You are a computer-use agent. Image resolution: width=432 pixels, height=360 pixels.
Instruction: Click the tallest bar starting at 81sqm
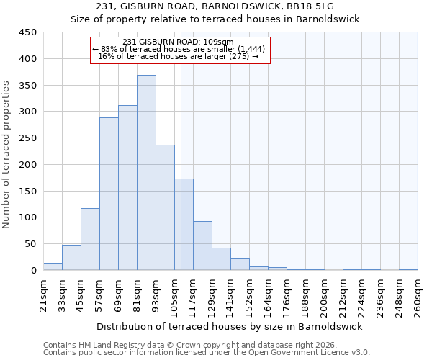click(x=146, y=173)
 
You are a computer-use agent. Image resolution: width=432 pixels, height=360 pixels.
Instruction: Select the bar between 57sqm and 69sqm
click(x=109, y=194)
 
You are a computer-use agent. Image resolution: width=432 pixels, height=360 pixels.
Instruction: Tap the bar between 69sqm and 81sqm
click(x=127, y=188)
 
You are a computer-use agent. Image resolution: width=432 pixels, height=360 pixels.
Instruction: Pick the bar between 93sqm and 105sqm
click(x=165, y=207)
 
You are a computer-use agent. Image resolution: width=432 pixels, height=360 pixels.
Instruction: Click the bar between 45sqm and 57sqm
click(x=90, y=239)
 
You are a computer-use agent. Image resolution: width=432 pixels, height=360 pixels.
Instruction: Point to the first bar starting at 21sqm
click(x=53, y=266)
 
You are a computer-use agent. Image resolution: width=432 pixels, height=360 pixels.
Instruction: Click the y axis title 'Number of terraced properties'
click(x=6, y=154)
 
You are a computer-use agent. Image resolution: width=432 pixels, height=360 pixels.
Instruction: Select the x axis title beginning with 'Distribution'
click(x=230, y=326)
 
